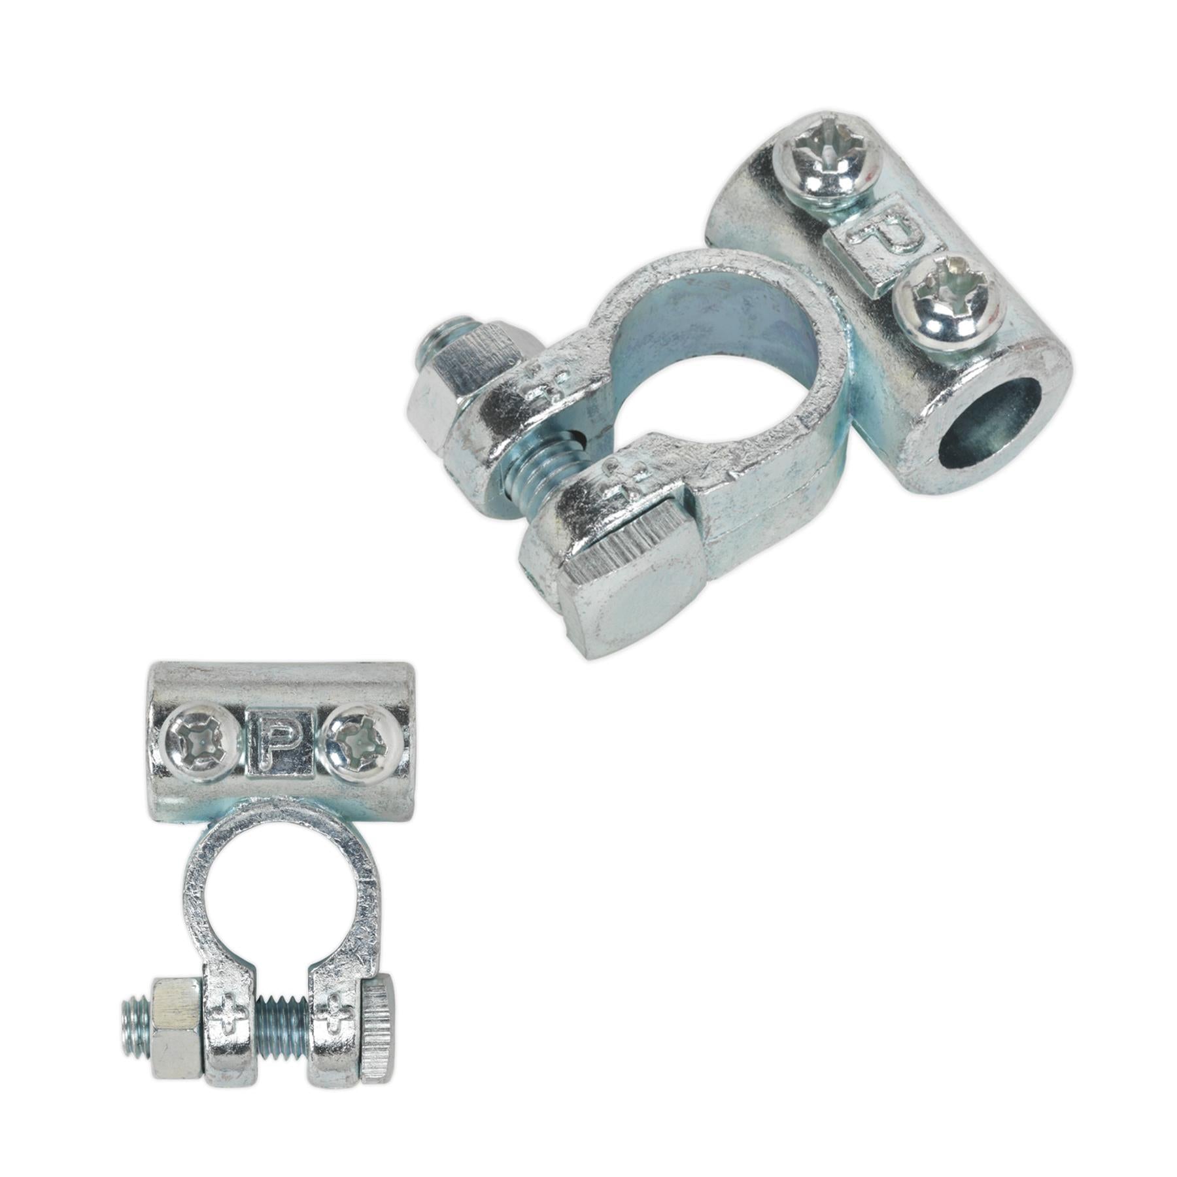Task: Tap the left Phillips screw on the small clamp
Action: click(199, 745)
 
